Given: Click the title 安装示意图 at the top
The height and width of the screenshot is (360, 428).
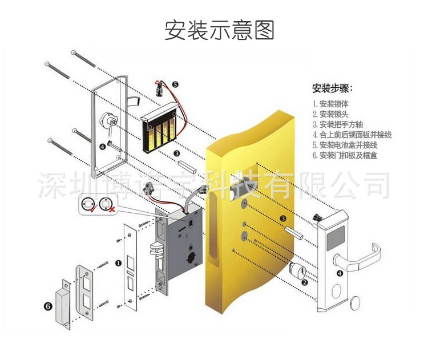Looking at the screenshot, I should (x=220, y=30).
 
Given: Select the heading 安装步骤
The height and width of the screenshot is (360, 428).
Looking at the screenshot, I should (x=332, y=88).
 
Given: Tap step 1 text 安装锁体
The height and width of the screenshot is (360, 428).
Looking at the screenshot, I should (x=330, y=104).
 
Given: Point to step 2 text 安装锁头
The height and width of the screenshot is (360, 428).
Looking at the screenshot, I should (x=330, y=115).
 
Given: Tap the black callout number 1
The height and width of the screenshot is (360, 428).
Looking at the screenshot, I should (x=118, y=264).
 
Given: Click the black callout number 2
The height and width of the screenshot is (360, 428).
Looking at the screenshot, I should (x=304, y=282).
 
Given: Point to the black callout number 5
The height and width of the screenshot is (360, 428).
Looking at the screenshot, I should (x=175, y=84).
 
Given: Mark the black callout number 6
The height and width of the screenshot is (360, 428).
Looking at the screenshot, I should (x=47, y=306).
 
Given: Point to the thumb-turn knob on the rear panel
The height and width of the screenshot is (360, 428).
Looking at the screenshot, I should (x=109, y=120).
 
